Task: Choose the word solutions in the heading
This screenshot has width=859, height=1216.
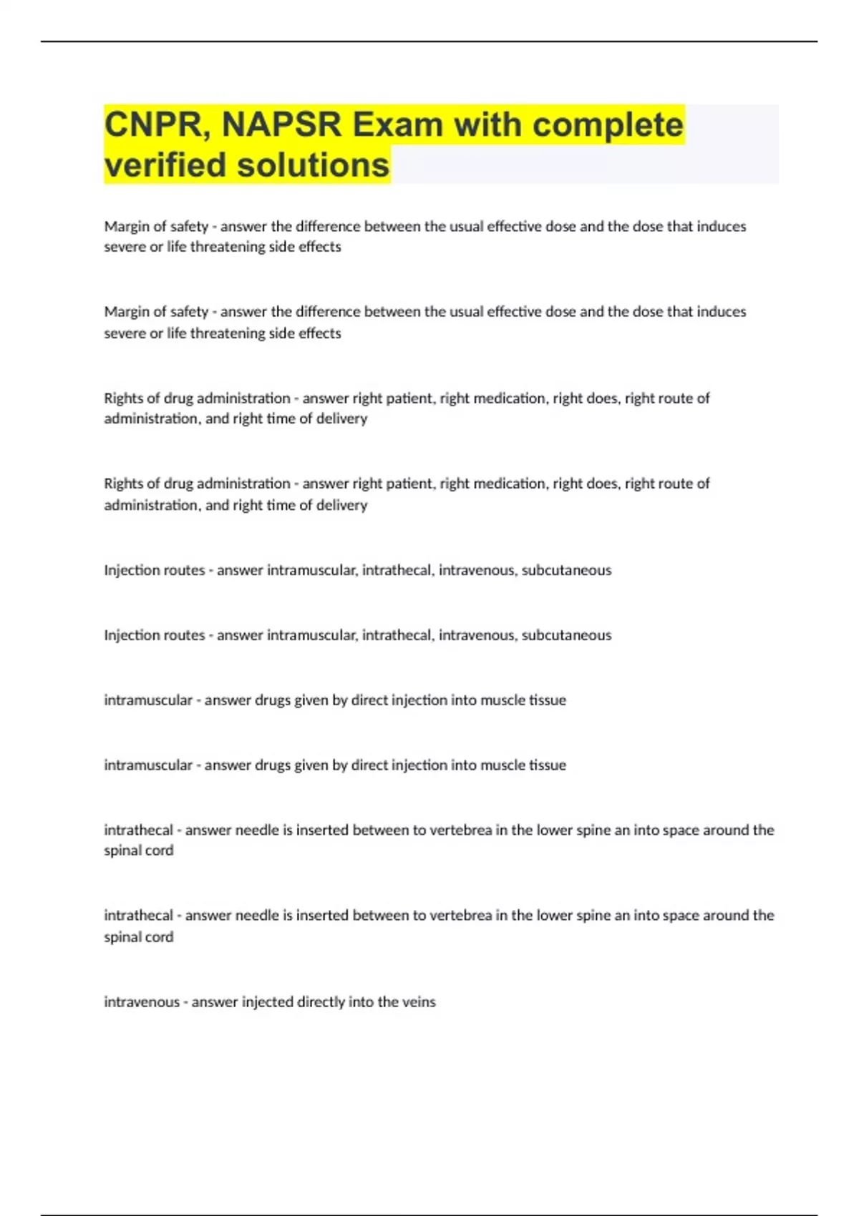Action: (313, 165)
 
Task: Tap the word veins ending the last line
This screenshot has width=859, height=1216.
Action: (419, 1002)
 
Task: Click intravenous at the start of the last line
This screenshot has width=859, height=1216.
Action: (142, 1002)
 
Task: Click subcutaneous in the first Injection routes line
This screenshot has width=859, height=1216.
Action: (566, 570)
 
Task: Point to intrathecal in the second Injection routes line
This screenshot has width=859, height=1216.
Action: (396, 635)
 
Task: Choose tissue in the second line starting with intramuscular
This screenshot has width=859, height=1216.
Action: (548, 765)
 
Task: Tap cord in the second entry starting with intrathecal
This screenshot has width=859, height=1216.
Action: (159, 937)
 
